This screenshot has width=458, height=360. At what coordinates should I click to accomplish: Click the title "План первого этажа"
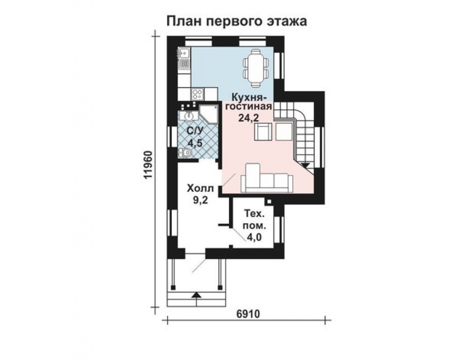[x=236, y=21]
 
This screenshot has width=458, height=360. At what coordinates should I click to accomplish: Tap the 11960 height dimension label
[x=148, y=165]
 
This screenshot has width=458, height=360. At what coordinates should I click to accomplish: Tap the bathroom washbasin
[x=189, y=115]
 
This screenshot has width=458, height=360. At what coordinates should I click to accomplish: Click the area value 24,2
[x=248, y=118]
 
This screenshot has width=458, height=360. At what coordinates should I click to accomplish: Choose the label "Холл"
[x=200, y=188]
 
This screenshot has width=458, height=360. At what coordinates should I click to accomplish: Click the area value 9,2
[x=200, y=200]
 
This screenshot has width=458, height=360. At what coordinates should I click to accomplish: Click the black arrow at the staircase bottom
[x=305, y=165]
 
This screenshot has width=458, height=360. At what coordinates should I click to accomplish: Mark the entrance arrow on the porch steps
[x=196, y=295]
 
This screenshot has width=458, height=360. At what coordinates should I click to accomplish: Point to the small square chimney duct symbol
[x=269, y=201]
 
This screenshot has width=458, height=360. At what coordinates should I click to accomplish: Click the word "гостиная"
[x=249, y=106]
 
